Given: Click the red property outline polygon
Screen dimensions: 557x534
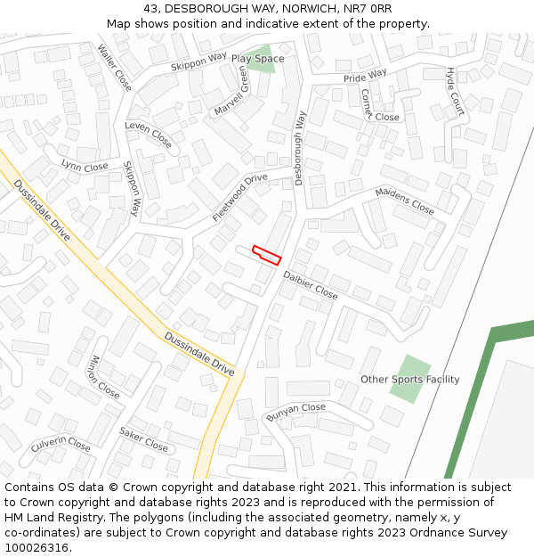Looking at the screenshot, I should click(x=267, y=255).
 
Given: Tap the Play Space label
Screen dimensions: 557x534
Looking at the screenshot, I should click(x=257, y=59).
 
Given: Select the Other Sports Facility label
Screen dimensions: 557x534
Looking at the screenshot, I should click(x=409, y=380).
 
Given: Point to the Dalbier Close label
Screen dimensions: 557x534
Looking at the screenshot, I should click(x=310, y=285).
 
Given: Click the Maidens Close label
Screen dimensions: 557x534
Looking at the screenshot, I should click(x=404, y=201).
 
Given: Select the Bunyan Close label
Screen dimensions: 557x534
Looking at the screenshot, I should click(x=295, y=413).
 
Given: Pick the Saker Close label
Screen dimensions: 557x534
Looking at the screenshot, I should click(x=143, y=438).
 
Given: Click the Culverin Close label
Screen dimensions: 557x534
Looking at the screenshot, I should click(x=61, y=443).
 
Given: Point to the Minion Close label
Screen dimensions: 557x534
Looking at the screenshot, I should click(x=104, y=377).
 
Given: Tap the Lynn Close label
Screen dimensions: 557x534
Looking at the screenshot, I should click(x=85, y=166).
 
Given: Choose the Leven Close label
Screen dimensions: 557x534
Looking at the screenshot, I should click(x=149, y=135).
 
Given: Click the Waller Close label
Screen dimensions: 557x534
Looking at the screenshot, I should click(x=115, y=68).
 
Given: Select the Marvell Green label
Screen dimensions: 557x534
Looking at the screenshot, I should click(x=231, y=91).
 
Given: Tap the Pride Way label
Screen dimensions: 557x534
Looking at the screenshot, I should click(x=365, y=77).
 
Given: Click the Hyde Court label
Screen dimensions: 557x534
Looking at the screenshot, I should click(x=455, y=92).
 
